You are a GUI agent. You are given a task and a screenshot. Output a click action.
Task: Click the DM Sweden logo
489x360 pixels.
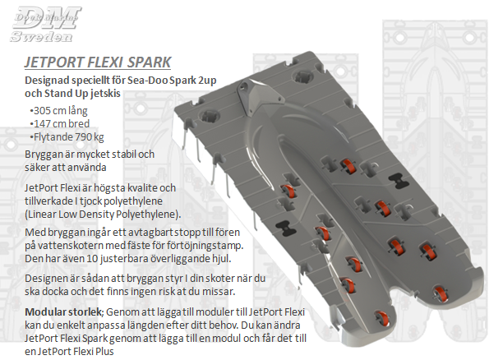tap(45, 24)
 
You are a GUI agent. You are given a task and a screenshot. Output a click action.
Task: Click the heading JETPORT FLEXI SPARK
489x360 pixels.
tap(98, 62)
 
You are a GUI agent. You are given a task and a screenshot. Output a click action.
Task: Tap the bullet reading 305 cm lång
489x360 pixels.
tap(58, 110)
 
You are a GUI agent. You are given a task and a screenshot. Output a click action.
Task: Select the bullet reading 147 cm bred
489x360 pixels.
tap(59, 123)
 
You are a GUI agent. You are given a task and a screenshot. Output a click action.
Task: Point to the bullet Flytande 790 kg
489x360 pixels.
tap(67, 137)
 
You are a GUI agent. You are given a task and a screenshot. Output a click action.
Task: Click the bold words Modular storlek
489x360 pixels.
tap(63, 312)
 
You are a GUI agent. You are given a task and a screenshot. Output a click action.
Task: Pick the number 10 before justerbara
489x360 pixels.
tap(92, 259)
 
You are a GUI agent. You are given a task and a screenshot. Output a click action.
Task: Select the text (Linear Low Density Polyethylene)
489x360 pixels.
tap(103, 215)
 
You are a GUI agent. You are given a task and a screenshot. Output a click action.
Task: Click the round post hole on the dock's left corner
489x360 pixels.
tap(209, 115)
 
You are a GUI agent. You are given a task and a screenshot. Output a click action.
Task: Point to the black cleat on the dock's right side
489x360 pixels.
tap(399, 180)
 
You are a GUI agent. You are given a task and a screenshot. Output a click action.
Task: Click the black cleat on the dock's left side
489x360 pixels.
tap(286, 228)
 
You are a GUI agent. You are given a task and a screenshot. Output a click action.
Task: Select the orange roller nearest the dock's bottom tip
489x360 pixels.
tap(381, 318)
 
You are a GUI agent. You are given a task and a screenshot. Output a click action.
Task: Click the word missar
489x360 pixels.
tap(219, 291)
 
